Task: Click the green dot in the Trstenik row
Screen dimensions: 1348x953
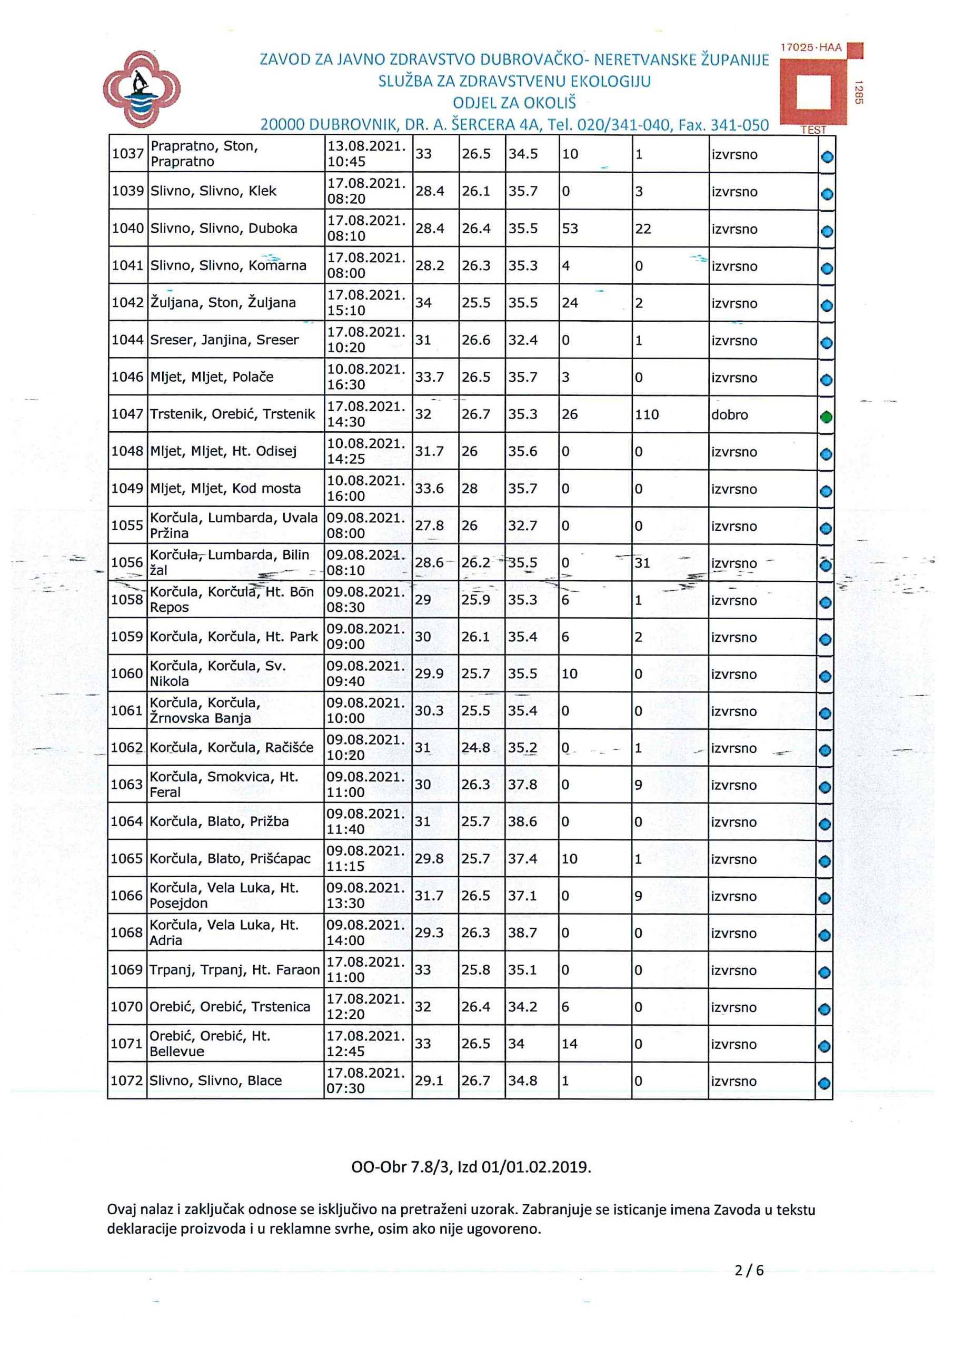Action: pyautogui.click(x=826, y=417)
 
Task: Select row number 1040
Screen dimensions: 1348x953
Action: pyautogui.click(x=128, y=229)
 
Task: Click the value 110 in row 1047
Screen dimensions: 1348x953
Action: pyautogui.click(x=647, y=414)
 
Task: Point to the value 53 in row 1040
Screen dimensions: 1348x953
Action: pyautogui.click(x=570, y=229)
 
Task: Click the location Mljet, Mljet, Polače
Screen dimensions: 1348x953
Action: pyautogui.click(x=212, y=377)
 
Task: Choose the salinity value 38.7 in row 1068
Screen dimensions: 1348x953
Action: pyautogui.click(x=523, y=933)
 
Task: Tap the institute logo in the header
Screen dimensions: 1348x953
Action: pyautogui.click(x=142, y=88)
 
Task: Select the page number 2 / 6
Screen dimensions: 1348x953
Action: pyautogui.click(x=749, y=1271)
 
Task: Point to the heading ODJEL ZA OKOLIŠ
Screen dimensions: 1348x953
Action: pyautogui.click(x=514, y=103)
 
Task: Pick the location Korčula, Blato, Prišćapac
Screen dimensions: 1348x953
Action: pyautogui.click(x=230, y=858)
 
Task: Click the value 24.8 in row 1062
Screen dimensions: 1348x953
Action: pyautogui.click(x=475, y=748)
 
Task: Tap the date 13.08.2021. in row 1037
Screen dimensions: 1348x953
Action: pyautogui.click(x=366, y=146)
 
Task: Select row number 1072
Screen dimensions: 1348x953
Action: pyautogui.click(x=127, y=1081)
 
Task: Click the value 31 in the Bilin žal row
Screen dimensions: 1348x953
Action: pyautogui.click(x=642, y=563)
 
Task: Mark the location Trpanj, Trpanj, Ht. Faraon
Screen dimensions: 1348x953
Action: pyautogui.click(x=234, y=970)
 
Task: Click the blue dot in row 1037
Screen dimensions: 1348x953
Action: pyautogui.click(x=827, y=157)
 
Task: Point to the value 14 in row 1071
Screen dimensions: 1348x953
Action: pyautogui.click(x=569, y=1044)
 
